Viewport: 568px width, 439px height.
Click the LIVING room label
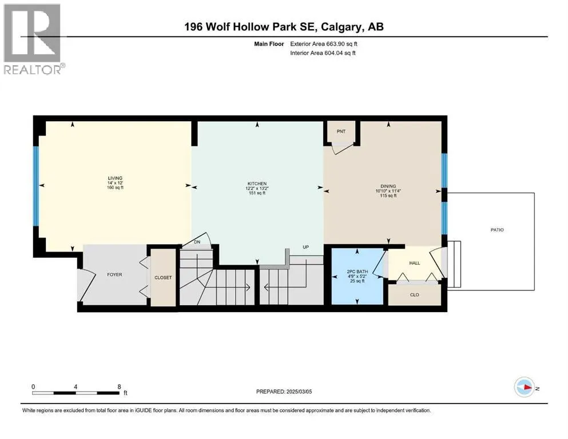(x=114, y=178)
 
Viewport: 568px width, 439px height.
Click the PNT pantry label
(x=341, y=131)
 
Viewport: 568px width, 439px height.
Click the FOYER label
(x=114, y=274)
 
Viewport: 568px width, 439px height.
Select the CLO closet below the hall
(x=415, y=296)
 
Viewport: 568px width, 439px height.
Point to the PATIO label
(x=496, y=230)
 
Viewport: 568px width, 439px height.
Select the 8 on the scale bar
(x=118, y=386)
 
